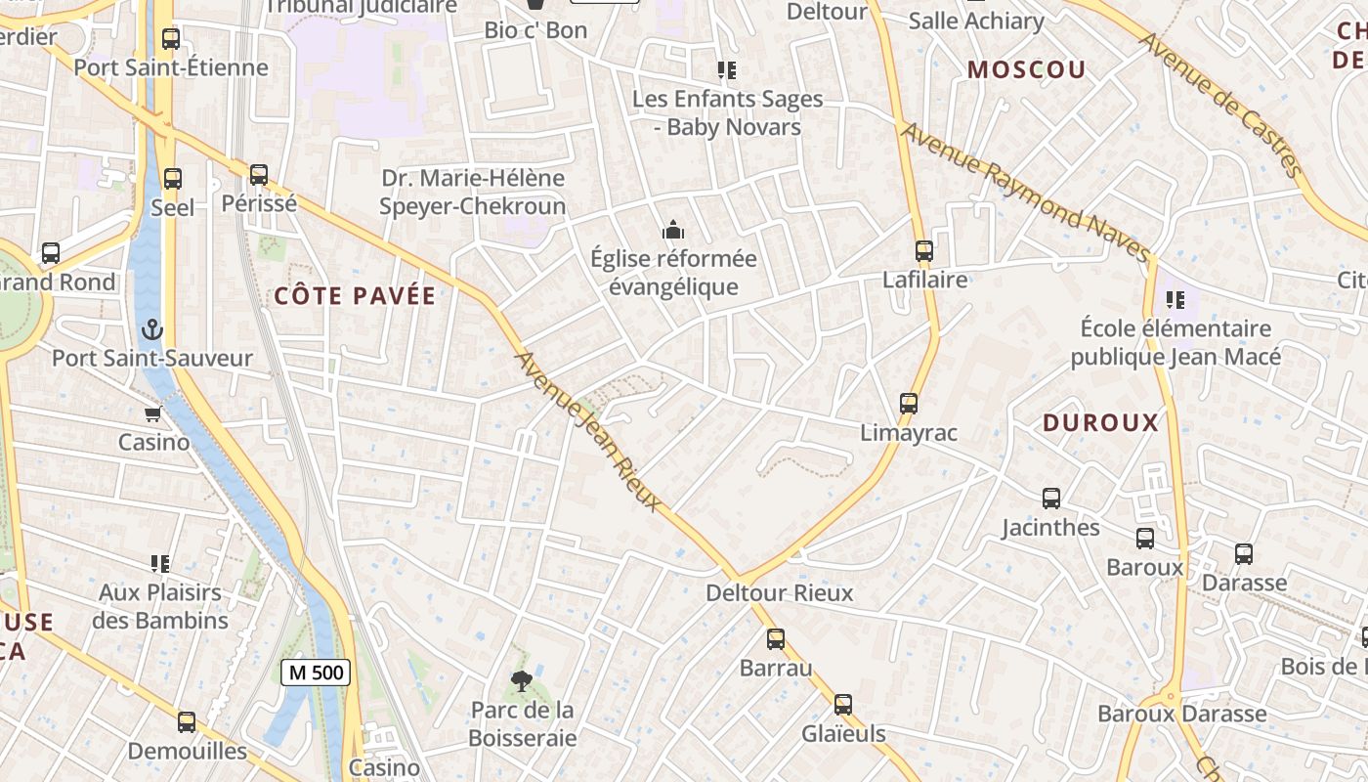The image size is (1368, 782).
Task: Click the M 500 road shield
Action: pyautogui.click(x=316, y=673)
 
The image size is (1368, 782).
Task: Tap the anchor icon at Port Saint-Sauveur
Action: pyautogui.click(x=151, y=329)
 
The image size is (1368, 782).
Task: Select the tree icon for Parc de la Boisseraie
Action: pyautogui.click(x=522, y=681)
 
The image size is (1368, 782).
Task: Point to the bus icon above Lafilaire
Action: pyautogui.click(x=924, y=251)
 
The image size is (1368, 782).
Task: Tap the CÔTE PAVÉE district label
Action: pyautogui.click(x=355, y=296)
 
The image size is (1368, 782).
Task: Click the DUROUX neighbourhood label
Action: pyautogui.click(x=1100, y=423)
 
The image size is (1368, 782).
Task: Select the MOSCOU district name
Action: pyautogui.click(x=1026, y=69)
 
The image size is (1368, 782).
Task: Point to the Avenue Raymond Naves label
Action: pyautogui.click(x=1025, y=193)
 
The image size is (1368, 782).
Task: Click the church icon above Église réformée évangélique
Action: pyautogui.click(x=672, y=231)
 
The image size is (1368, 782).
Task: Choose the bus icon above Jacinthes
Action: pyautogui.click(x=1051, y=499)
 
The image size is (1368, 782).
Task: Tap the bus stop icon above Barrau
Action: pyautogui.click(x=776, y=639)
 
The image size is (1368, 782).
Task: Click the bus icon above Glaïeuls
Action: pyautogui.click(x=843, y=705)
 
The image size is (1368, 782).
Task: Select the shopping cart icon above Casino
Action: pyautogui.click(x=153, y=413)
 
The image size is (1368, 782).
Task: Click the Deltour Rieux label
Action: pyautogui.click(x=779, y=593)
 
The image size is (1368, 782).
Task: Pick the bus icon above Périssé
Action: pyautogui.click(x=259, y=175)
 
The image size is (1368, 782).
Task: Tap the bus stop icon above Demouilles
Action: pyautogui.click(x=187, y=722)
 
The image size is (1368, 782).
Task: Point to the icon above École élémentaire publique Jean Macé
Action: pyautogui.click(x=1175, y=299)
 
